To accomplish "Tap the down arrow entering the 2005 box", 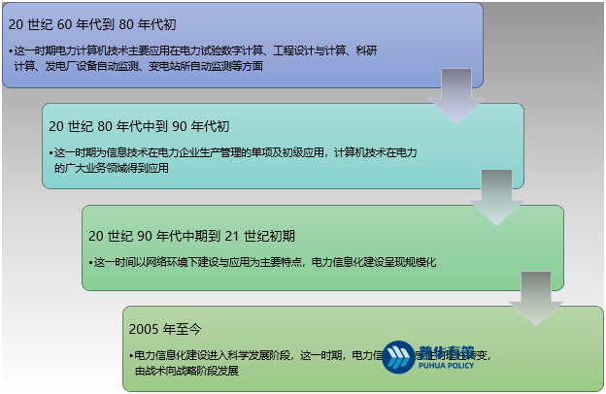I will point(535,302).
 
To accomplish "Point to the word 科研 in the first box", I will point(366,49).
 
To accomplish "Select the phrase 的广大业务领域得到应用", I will point(112,168).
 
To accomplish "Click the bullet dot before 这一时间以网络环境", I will point(89,262).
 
